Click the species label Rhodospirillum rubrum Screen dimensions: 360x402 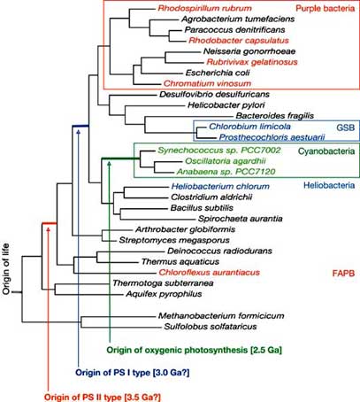(x=204, y=8)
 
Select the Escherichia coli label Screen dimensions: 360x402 (x=218, y=73)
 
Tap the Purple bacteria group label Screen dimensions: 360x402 (x=325, y=8)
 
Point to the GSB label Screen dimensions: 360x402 (x=345, y=128)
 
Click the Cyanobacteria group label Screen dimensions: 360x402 (x=326, y=151)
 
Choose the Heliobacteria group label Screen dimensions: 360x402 (x=329, y=185)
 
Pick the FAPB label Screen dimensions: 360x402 (x=343, y=273)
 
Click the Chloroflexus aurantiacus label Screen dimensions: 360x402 (x=210, y=272)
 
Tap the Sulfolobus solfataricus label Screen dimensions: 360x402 (x=211, y=327)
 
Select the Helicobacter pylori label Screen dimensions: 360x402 (x=226, y=105)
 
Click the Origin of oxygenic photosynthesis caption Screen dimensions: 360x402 (x=195, y=351)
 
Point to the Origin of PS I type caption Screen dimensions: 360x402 (x=133, y=373)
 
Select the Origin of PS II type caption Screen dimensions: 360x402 (x=103, y=398)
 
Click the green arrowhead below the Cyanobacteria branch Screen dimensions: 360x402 (x=110, y=163)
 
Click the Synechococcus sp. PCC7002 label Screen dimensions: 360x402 (x=219, y=151)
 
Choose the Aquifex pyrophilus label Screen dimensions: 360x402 (x=164, y=294)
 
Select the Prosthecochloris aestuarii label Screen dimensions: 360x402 (x=272, y=137)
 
